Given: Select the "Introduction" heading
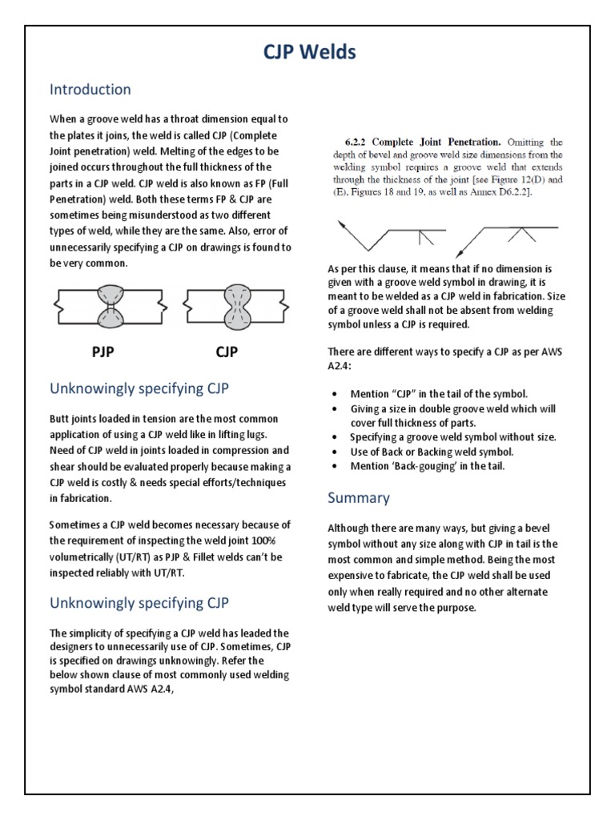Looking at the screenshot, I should pyautogui.click(x=90, y=89).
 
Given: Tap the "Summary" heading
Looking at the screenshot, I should pyautogui.click(x=359, y=497).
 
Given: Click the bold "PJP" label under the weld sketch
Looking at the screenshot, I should pyautogui.click(x=101, y=351).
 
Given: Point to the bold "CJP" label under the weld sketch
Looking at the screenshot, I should pyautogui.click(x=227, y=351).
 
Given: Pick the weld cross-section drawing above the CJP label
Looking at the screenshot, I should pyautogui.click(x=233, y=306).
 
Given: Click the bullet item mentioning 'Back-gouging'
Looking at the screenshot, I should pyautogui.click(x=428, y=465).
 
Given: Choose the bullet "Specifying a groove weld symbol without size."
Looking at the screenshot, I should pyautogui.click(x=453, y=437).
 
